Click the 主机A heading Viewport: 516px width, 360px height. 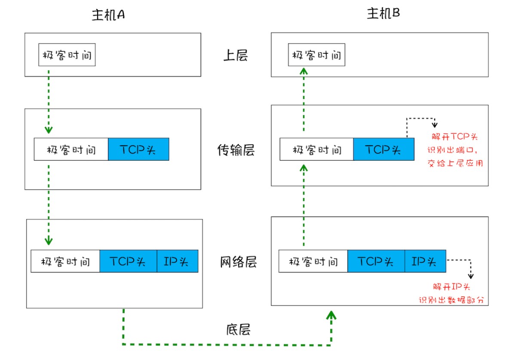pos(108,15)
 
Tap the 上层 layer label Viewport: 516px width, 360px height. pos(235,55)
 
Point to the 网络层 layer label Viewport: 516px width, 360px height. pos(235,262)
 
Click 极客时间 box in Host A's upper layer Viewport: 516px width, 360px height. pos(67,55)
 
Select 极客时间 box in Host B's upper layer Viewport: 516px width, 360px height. pos(316,55)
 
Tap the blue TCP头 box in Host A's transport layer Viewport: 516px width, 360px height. pos(138,149)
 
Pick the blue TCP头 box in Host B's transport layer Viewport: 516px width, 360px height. pos(384,149)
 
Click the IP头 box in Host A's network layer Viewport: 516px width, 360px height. pos(177,261)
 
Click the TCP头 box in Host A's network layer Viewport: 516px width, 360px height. pos(128,261)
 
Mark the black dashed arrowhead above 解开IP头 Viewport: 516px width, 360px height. pos(471,275)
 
